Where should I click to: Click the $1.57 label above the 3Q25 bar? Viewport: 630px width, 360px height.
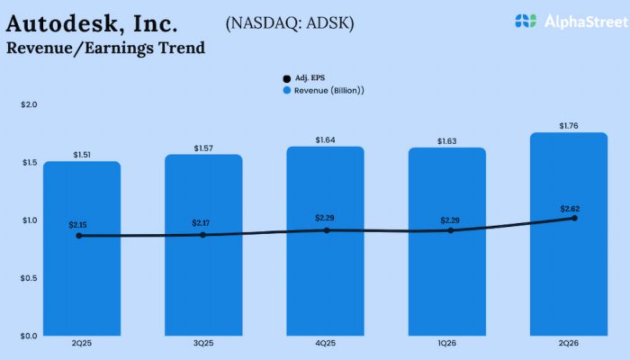coord(203,148)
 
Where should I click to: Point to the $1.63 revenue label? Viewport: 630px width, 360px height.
coord(447,141)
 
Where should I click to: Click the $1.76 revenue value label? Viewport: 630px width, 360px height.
coord(569,126)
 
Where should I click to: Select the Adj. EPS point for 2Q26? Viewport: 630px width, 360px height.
coord(573,218)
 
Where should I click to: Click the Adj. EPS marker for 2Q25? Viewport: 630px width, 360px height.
coord(79,236)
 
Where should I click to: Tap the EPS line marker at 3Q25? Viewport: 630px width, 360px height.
coord(202,235)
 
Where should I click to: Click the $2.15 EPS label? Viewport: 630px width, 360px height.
coord(80,224)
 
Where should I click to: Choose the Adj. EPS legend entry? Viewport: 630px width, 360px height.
coord(303,78)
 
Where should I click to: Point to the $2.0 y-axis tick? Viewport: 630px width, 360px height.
coord(29,105)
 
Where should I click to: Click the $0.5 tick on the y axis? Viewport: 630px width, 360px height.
coord(29,278)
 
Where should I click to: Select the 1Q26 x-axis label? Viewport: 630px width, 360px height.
coord(447,344)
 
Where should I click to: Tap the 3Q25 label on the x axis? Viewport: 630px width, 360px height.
coord(203,344)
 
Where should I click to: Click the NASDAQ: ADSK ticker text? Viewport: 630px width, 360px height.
coord(290,22)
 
